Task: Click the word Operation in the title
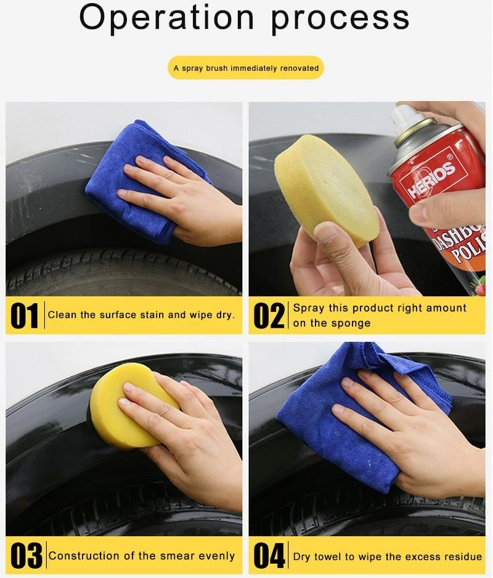coord(166,18)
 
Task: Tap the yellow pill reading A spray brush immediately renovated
coord(246,68)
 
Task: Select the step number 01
coord(24,315)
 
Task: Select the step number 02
coord(269,315)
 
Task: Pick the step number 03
coord(26,556)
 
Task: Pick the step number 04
coord(269,556)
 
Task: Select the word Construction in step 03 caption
coord(83,556)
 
